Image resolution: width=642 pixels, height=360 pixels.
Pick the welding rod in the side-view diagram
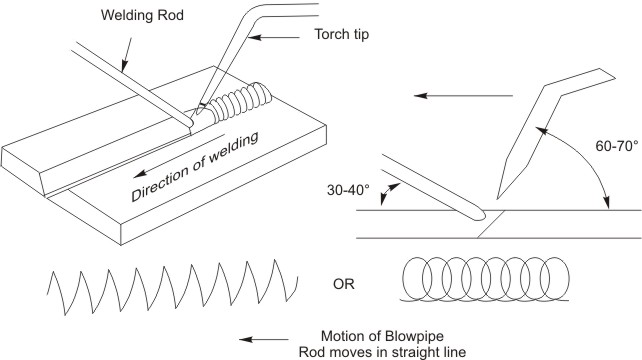coord(420,186)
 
